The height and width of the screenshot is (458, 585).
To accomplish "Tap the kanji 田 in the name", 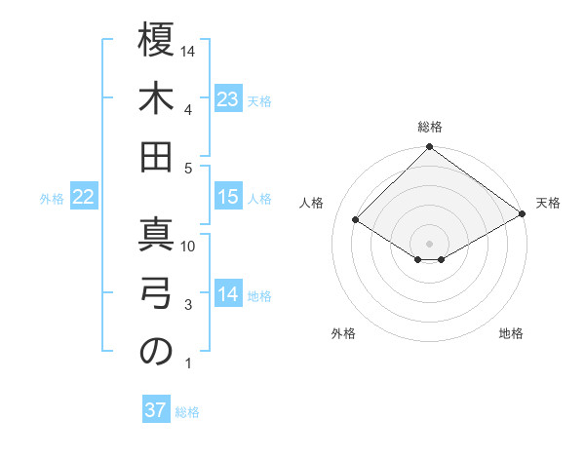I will (x=156, y=157).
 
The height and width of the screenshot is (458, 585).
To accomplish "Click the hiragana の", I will (x=156, y=353).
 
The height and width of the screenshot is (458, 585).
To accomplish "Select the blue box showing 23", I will (x=228, y=98).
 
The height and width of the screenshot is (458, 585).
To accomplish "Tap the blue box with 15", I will (x=228, y=197).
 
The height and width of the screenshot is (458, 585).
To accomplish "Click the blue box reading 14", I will (x=228, y=294).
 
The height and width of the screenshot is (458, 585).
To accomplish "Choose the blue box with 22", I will (x=84, y=198).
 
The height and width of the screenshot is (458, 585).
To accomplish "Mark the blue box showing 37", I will (x=156, y=410).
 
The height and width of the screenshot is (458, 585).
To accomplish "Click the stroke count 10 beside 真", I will (x=189, y=246).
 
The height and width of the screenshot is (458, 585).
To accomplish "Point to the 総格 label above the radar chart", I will (x=430, y=127).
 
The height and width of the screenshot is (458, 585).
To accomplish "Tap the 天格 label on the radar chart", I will (x=548, y=203).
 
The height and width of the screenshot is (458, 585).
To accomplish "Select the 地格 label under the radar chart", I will (x=511, y=334).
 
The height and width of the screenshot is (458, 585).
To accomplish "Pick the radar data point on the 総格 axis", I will (x=429, y=148).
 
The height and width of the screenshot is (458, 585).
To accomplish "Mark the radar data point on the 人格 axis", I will (x=356, y=219).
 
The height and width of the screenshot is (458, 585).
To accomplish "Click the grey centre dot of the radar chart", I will (x=429, y=243).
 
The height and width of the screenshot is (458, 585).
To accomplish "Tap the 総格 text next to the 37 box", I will (x=187, y=412).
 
